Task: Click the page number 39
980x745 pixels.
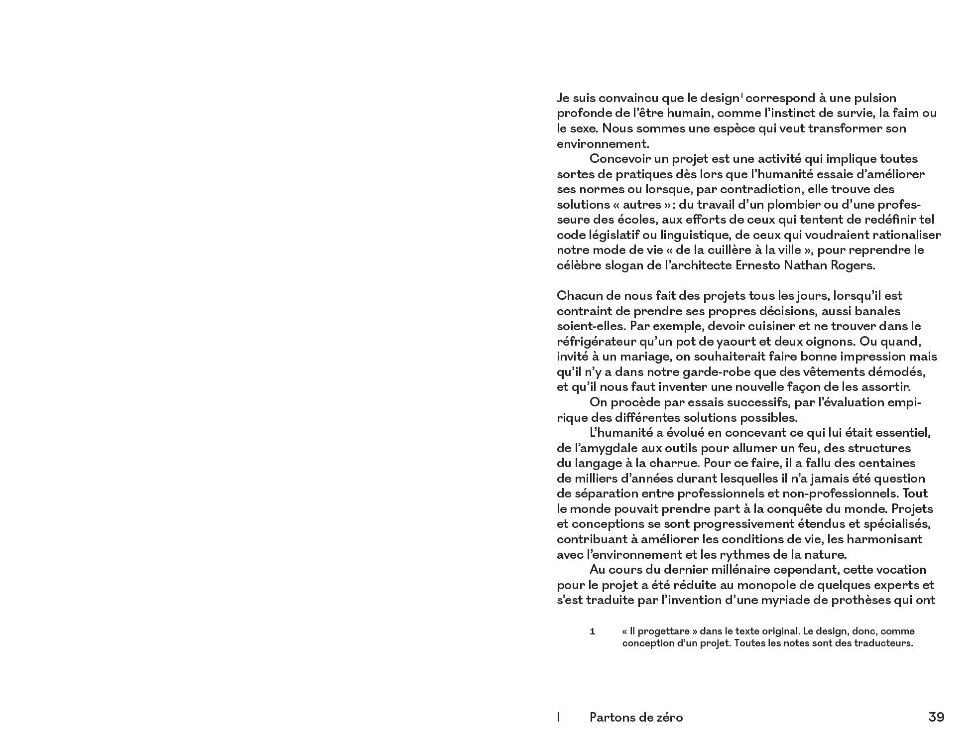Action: pos(936,717)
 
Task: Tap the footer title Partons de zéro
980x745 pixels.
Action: pos(636,717)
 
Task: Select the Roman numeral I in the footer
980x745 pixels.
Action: pos(559,717)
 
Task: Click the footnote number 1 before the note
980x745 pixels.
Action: pos(592,631)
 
